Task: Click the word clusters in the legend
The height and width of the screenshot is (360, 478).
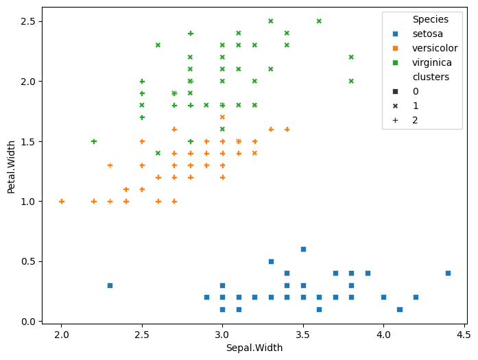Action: coord(431,77)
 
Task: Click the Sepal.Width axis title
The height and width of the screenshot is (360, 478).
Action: coord(254,348)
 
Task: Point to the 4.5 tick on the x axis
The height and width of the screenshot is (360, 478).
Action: coord(464,334)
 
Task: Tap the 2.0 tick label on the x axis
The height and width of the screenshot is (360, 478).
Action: coord(62,334)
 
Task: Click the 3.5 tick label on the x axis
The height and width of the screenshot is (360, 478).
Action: coord(303,334)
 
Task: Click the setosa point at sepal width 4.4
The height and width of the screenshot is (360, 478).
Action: coord(448,273)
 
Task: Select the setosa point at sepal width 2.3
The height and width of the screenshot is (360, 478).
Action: coord(110,285)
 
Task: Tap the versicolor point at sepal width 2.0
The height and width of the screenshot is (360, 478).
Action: coord(62,201)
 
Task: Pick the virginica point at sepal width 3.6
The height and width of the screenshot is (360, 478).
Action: coord(319,21)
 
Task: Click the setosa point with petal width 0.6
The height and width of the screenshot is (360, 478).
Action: coord(303,249)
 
